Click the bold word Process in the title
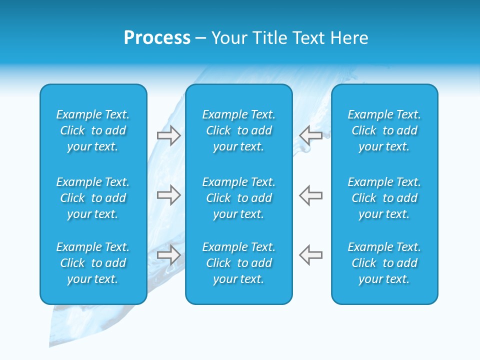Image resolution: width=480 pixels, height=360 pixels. [157, 38]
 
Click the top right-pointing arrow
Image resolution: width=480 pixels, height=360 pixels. [168, 135]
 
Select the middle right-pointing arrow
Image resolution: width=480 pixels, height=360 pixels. [168, 195]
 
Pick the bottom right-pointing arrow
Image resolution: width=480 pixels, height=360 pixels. [168, 254]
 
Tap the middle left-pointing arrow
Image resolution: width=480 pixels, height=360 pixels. [311, 195]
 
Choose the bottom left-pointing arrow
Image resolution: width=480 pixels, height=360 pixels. [311, 254]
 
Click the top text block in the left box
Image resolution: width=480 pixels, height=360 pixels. [93, 130]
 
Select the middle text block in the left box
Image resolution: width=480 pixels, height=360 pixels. [93, 198]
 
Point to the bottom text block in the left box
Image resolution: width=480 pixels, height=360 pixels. [93, 263]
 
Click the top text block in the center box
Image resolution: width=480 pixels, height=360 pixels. [238, 130]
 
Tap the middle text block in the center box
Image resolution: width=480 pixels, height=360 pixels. [238, 198]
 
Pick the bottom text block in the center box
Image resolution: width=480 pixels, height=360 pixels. [238, 263]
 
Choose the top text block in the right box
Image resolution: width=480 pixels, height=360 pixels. [384, 130]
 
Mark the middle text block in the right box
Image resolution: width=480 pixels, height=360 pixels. [384, 198]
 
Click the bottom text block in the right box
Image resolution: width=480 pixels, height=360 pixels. [384, 263]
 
